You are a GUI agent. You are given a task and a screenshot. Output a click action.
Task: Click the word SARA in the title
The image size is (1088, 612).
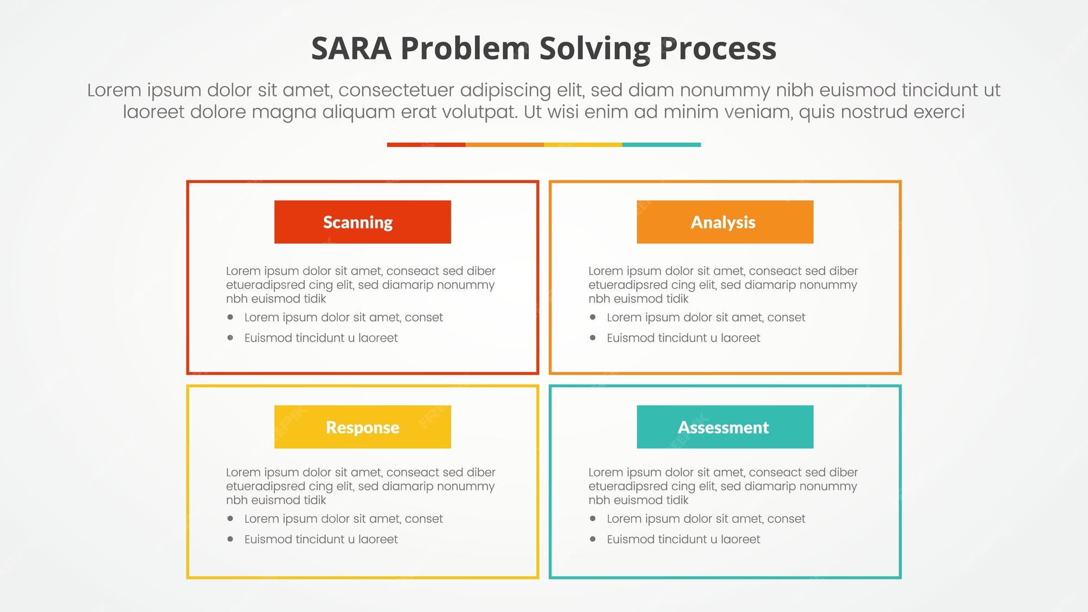click(351, 48)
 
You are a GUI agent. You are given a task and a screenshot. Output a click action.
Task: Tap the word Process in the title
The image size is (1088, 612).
click(718, 48)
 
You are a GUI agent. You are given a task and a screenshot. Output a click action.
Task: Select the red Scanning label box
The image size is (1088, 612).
click(362, 222)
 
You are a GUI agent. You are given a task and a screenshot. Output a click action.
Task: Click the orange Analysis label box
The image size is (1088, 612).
click(725, 222)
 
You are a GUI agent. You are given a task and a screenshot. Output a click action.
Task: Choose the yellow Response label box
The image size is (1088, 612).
click(362, 427)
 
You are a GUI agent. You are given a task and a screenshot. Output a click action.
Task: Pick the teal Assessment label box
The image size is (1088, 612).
click(725, 427)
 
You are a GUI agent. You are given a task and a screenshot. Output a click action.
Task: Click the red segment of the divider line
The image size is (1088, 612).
click(426, 145)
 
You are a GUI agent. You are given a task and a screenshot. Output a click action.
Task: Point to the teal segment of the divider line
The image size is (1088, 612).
click(662, 145)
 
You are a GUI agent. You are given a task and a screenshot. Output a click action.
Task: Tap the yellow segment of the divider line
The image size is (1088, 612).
click(583, 145)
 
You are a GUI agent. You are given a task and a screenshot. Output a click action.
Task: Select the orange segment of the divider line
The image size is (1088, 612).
click(504, 145)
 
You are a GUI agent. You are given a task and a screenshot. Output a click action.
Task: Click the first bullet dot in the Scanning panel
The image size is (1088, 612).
click(230, 317)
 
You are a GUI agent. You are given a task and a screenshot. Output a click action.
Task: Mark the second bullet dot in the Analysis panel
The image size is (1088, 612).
click(592, 338)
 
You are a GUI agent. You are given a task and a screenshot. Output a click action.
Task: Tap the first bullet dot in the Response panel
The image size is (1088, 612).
click(230, 519)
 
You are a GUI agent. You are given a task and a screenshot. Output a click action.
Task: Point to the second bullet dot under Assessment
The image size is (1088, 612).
click(592, 539)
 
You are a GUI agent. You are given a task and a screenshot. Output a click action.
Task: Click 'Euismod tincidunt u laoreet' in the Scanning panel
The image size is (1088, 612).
click(321, 338)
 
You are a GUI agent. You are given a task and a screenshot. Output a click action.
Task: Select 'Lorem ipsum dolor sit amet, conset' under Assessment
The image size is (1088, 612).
click(706, 519)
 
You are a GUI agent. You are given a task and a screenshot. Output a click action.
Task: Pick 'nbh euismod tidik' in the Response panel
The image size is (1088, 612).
click(276, 500)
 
